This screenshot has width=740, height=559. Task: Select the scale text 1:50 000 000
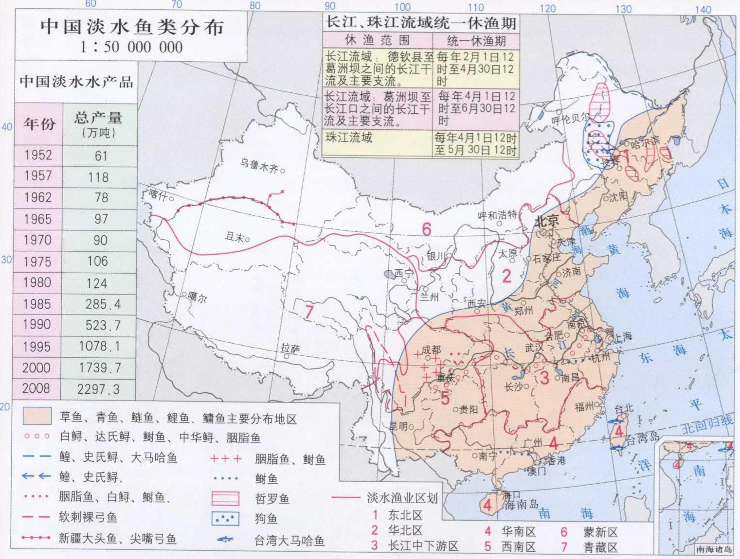[131, 47]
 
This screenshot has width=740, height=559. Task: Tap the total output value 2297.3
[98, 389]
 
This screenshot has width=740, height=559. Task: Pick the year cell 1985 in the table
[37, 304]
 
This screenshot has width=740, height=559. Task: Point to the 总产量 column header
[99, 124]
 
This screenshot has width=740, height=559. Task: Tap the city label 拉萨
[290, 348]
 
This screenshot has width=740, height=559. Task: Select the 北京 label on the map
[547, 222]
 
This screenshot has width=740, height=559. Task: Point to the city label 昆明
[398, 426]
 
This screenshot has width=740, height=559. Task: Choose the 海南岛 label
[522, 505]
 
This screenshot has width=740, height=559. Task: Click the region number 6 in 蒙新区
[427, 229]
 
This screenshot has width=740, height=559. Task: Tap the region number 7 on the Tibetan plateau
[308, 311]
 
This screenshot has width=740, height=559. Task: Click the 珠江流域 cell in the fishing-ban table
[349, 138]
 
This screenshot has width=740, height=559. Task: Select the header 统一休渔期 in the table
[476, 41]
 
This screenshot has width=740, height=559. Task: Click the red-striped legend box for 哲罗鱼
[225, 499]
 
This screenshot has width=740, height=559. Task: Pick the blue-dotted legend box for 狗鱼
[225, 519]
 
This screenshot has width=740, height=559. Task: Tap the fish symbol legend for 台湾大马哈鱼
[225, 540]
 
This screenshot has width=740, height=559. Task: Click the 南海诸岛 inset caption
[714, 549]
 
